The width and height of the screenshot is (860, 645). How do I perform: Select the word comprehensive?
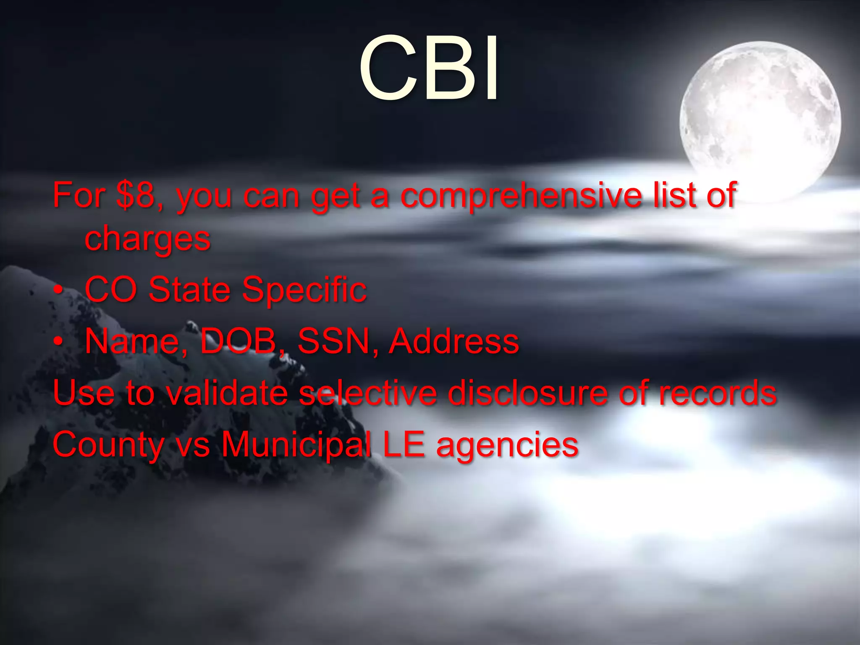click(521, 196)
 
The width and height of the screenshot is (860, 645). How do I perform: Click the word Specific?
click(304, 290)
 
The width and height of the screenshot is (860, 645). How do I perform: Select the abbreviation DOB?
click(238, 341)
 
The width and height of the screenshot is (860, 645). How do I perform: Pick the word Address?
click(454, 341)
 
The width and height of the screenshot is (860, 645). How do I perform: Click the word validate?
click(227, 393)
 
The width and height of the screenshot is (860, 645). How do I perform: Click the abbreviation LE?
click(404, 444)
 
